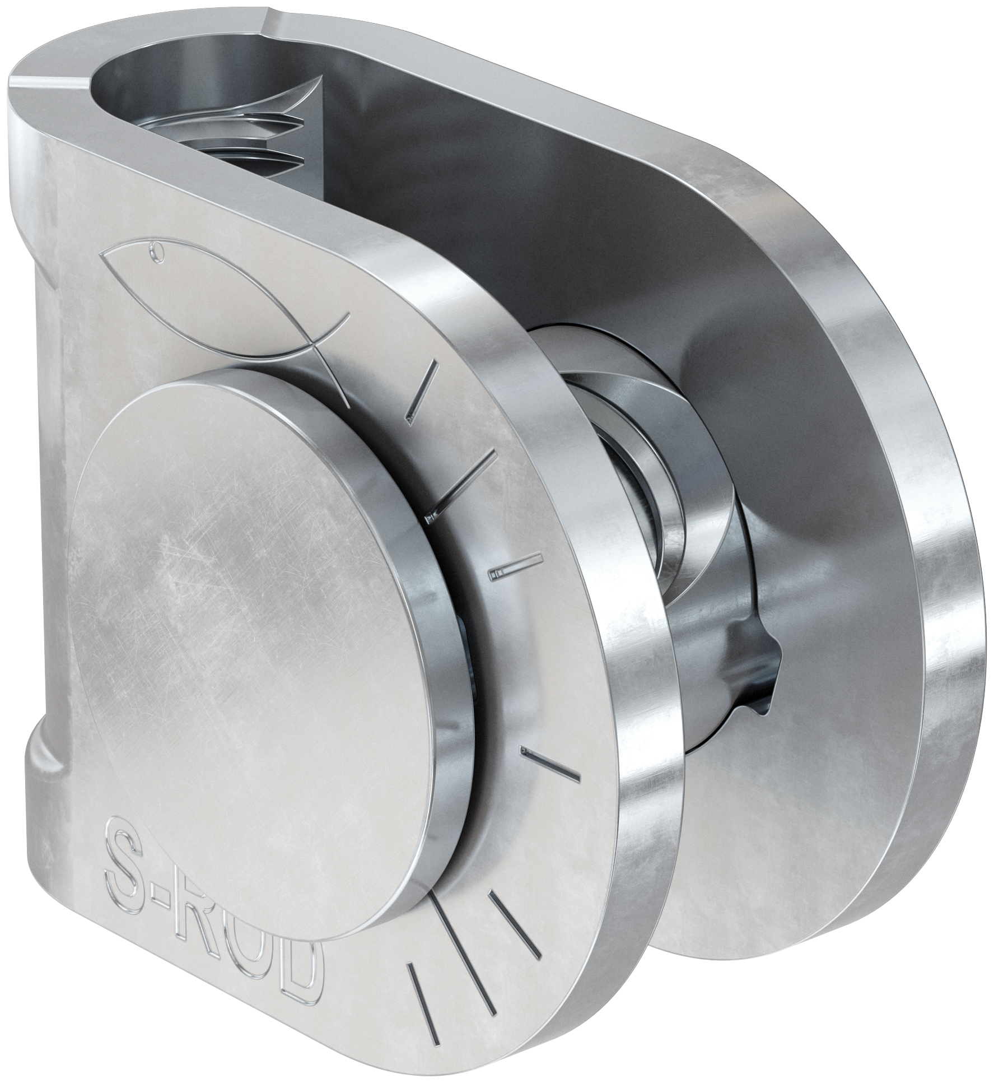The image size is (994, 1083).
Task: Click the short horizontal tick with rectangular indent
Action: pos(507,571)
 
